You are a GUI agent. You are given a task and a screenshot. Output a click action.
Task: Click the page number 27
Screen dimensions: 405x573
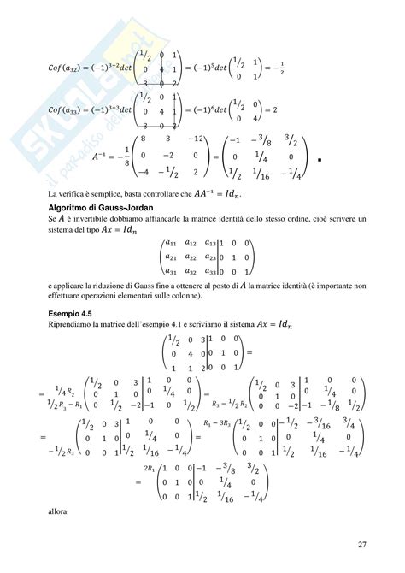(x=361, y=544)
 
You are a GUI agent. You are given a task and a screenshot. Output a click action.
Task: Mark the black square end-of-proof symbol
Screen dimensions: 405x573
(x=318, y=160)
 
